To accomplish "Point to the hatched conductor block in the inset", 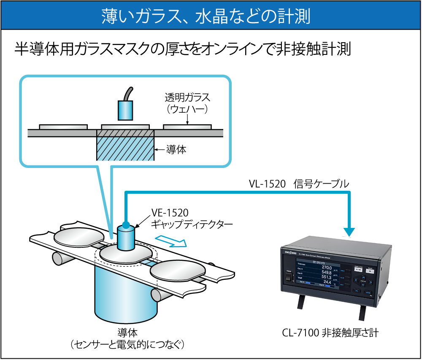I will [x=125, y=145].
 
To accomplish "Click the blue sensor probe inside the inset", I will [x=125, y=110].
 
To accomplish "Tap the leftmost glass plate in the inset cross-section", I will [x=63, y=126].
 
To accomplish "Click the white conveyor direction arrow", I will [x=171, y=241].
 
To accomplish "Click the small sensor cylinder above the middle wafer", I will [x=125, y=238].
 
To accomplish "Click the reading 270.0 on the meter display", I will [x=327, y=267].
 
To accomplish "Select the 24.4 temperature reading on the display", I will [x=327, y=282].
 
